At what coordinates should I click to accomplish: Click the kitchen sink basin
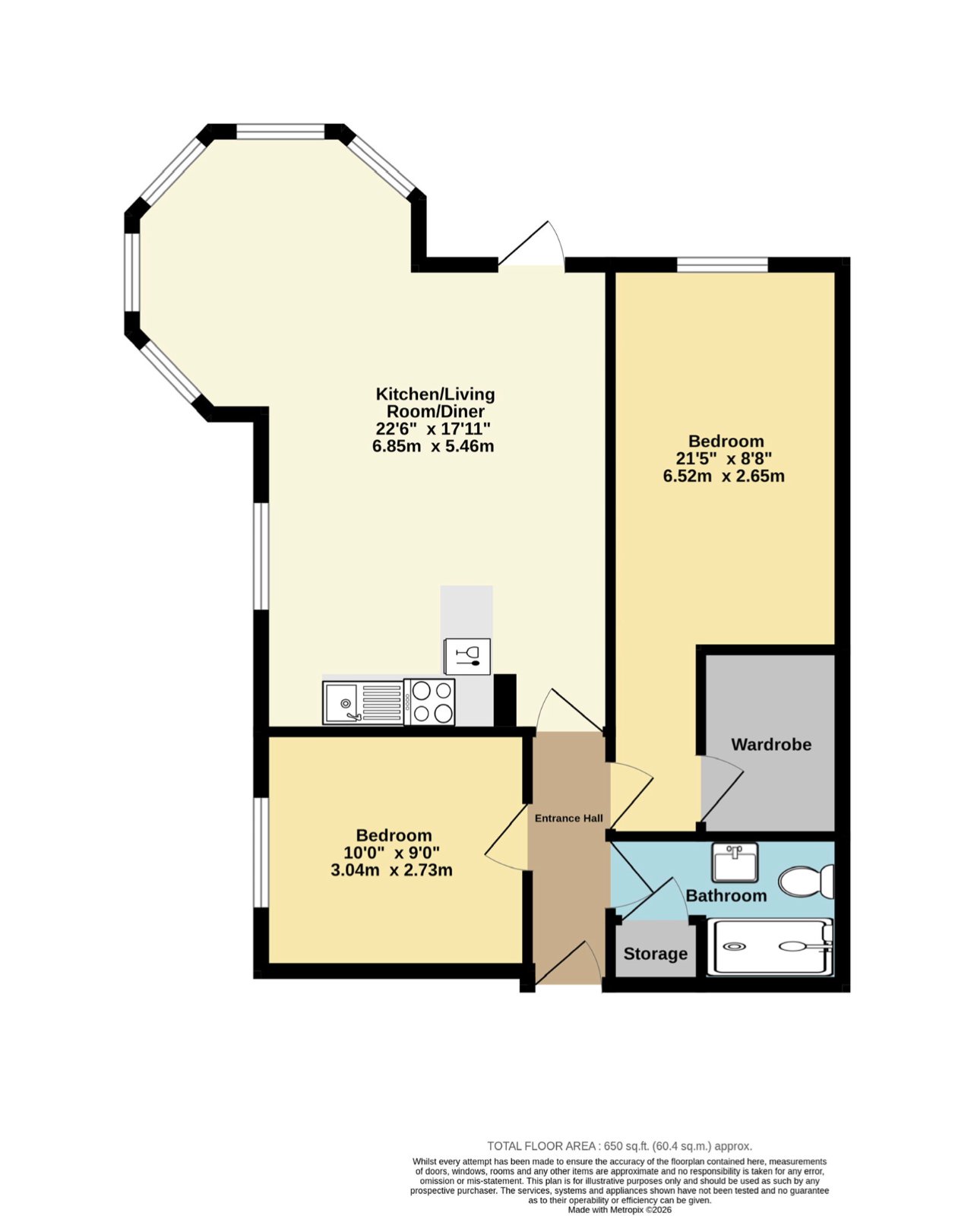pyautogui.click(x=340, y=702)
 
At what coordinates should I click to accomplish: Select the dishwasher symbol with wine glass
pyautogui.click(x=467, y=656)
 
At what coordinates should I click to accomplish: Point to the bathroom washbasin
pyautogui.click(x=735, y=863)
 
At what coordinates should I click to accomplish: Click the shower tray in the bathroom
pyautogui.click(x=770, y=946)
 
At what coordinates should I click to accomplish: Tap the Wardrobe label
pyautogui.click(x=770, y=744)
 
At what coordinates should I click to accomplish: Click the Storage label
pyautogui.click(x=656, y=954)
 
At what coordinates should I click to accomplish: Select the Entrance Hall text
pyautogui.click(x=569, y=819)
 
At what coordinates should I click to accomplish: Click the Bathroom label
pyautogui.click(x=726, y=895)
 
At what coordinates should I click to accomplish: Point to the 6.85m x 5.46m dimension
pyautogui.click(x=433, y=446)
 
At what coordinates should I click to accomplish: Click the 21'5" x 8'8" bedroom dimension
pyautogui.click(x=724, y=458)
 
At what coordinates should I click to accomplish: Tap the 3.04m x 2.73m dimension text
pyautogui.click(x=391, y=870)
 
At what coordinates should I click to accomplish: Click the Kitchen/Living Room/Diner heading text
pyautogui.click(x=435, y=402)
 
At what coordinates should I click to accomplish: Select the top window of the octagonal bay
pyautogui.click(x=280, y=131)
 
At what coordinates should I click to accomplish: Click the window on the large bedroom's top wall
pyautogui.click(x=723, y=264)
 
